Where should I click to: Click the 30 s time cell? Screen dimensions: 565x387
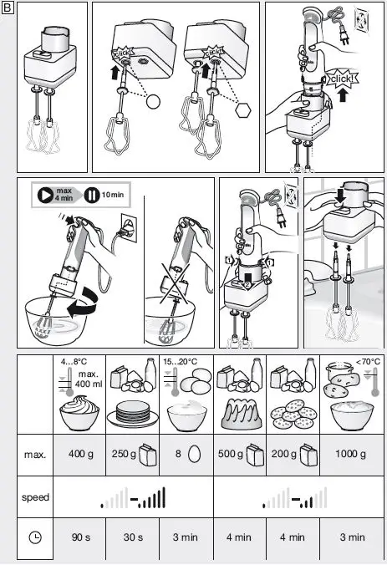134,537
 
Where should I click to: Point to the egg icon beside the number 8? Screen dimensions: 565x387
194,455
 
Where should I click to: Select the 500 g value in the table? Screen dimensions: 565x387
233,455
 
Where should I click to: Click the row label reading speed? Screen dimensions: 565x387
35,497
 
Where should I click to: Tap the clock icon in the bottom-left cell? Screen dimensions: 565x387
35,537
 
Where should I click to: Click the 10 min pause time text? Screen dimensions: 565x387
114,194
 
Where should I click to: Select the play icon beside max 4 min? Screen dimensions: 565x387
44,195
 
